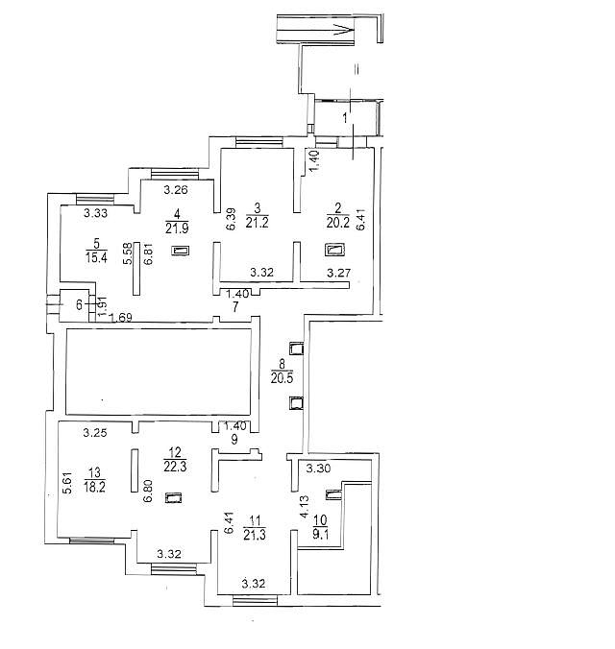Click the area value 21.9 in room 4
177,228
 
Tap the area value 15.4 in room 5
96,257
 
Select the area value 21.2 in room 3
257,223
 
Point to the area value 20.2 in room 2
337,223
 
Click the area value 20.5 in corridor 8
282,377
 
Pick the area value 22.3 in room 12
175,466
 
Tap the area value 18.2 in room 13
94,487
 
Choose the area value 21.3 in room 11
255,535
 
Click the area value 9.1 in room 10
321,534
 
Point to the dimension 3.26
176,190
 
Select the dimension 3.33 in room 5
96,213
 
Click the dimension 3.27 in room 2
339,273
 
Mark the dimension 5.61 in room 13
68,483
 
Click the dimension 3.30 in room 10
318,469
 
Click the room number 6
79,305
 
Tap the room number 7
235,307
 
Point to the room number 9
234,439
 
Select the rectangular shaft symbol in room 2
335,250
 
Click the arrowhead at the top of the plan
345,29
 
